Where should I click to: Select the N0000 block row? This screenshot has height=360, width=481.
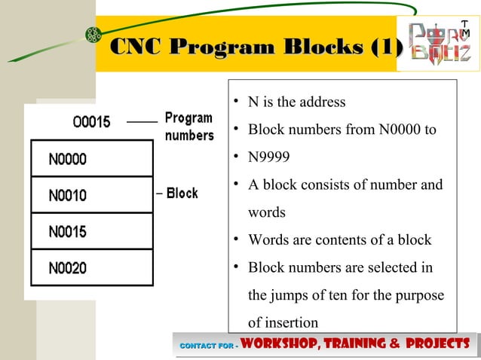click(90, 160)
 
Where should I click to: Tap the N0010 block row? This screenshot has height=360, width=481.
click(90, 196)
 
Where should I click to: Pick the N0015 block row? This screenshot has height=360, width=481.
click(90, 232)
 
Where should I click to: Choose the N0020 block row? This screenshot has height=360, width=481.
click(90, 268)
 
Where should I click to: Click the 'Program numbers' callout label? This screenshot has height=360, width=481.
click(189, 127)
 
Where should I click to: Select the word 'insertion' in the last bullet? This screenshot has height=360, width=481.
click(283, 322)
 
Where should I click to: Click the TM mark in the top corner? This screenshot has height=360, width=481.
click(465, 29)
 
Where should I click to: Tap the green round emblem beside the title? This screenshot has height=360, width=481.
click(93, 34)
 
